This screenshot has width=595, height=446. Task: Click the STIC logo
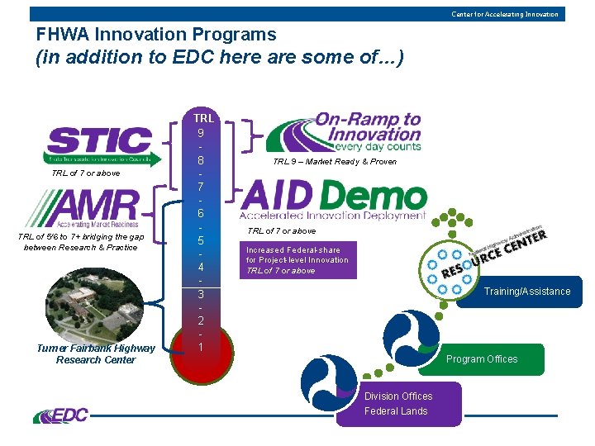click(x=98, y=145)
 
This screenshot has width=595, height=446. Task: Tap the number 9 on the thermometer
click(x=202, y=132)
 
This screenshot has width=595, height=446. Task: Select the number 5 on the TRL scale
click(x=202, y=240)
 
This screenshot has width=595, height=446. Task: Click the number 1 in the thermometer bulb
click(x=202, y=348)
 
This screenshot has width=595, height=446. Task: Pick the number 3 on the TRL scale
click(x=202, y=294)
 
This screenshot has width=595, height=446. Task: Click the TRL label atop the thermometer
click(x=202, y=118)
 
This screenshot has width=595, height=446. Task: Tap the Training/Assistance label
click(x=526, y=291)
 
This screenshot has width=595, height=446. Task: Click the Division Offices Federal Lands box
click(x=398, y=404)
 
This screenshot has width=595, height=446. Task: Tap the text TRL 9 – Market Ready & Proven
click(x=335, y=162)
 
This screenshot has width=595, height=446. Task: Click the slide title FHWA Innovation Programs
click(x=156, y=35)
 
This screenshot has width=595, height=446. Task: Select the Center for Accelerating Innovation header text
click(x=504, y=14)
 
